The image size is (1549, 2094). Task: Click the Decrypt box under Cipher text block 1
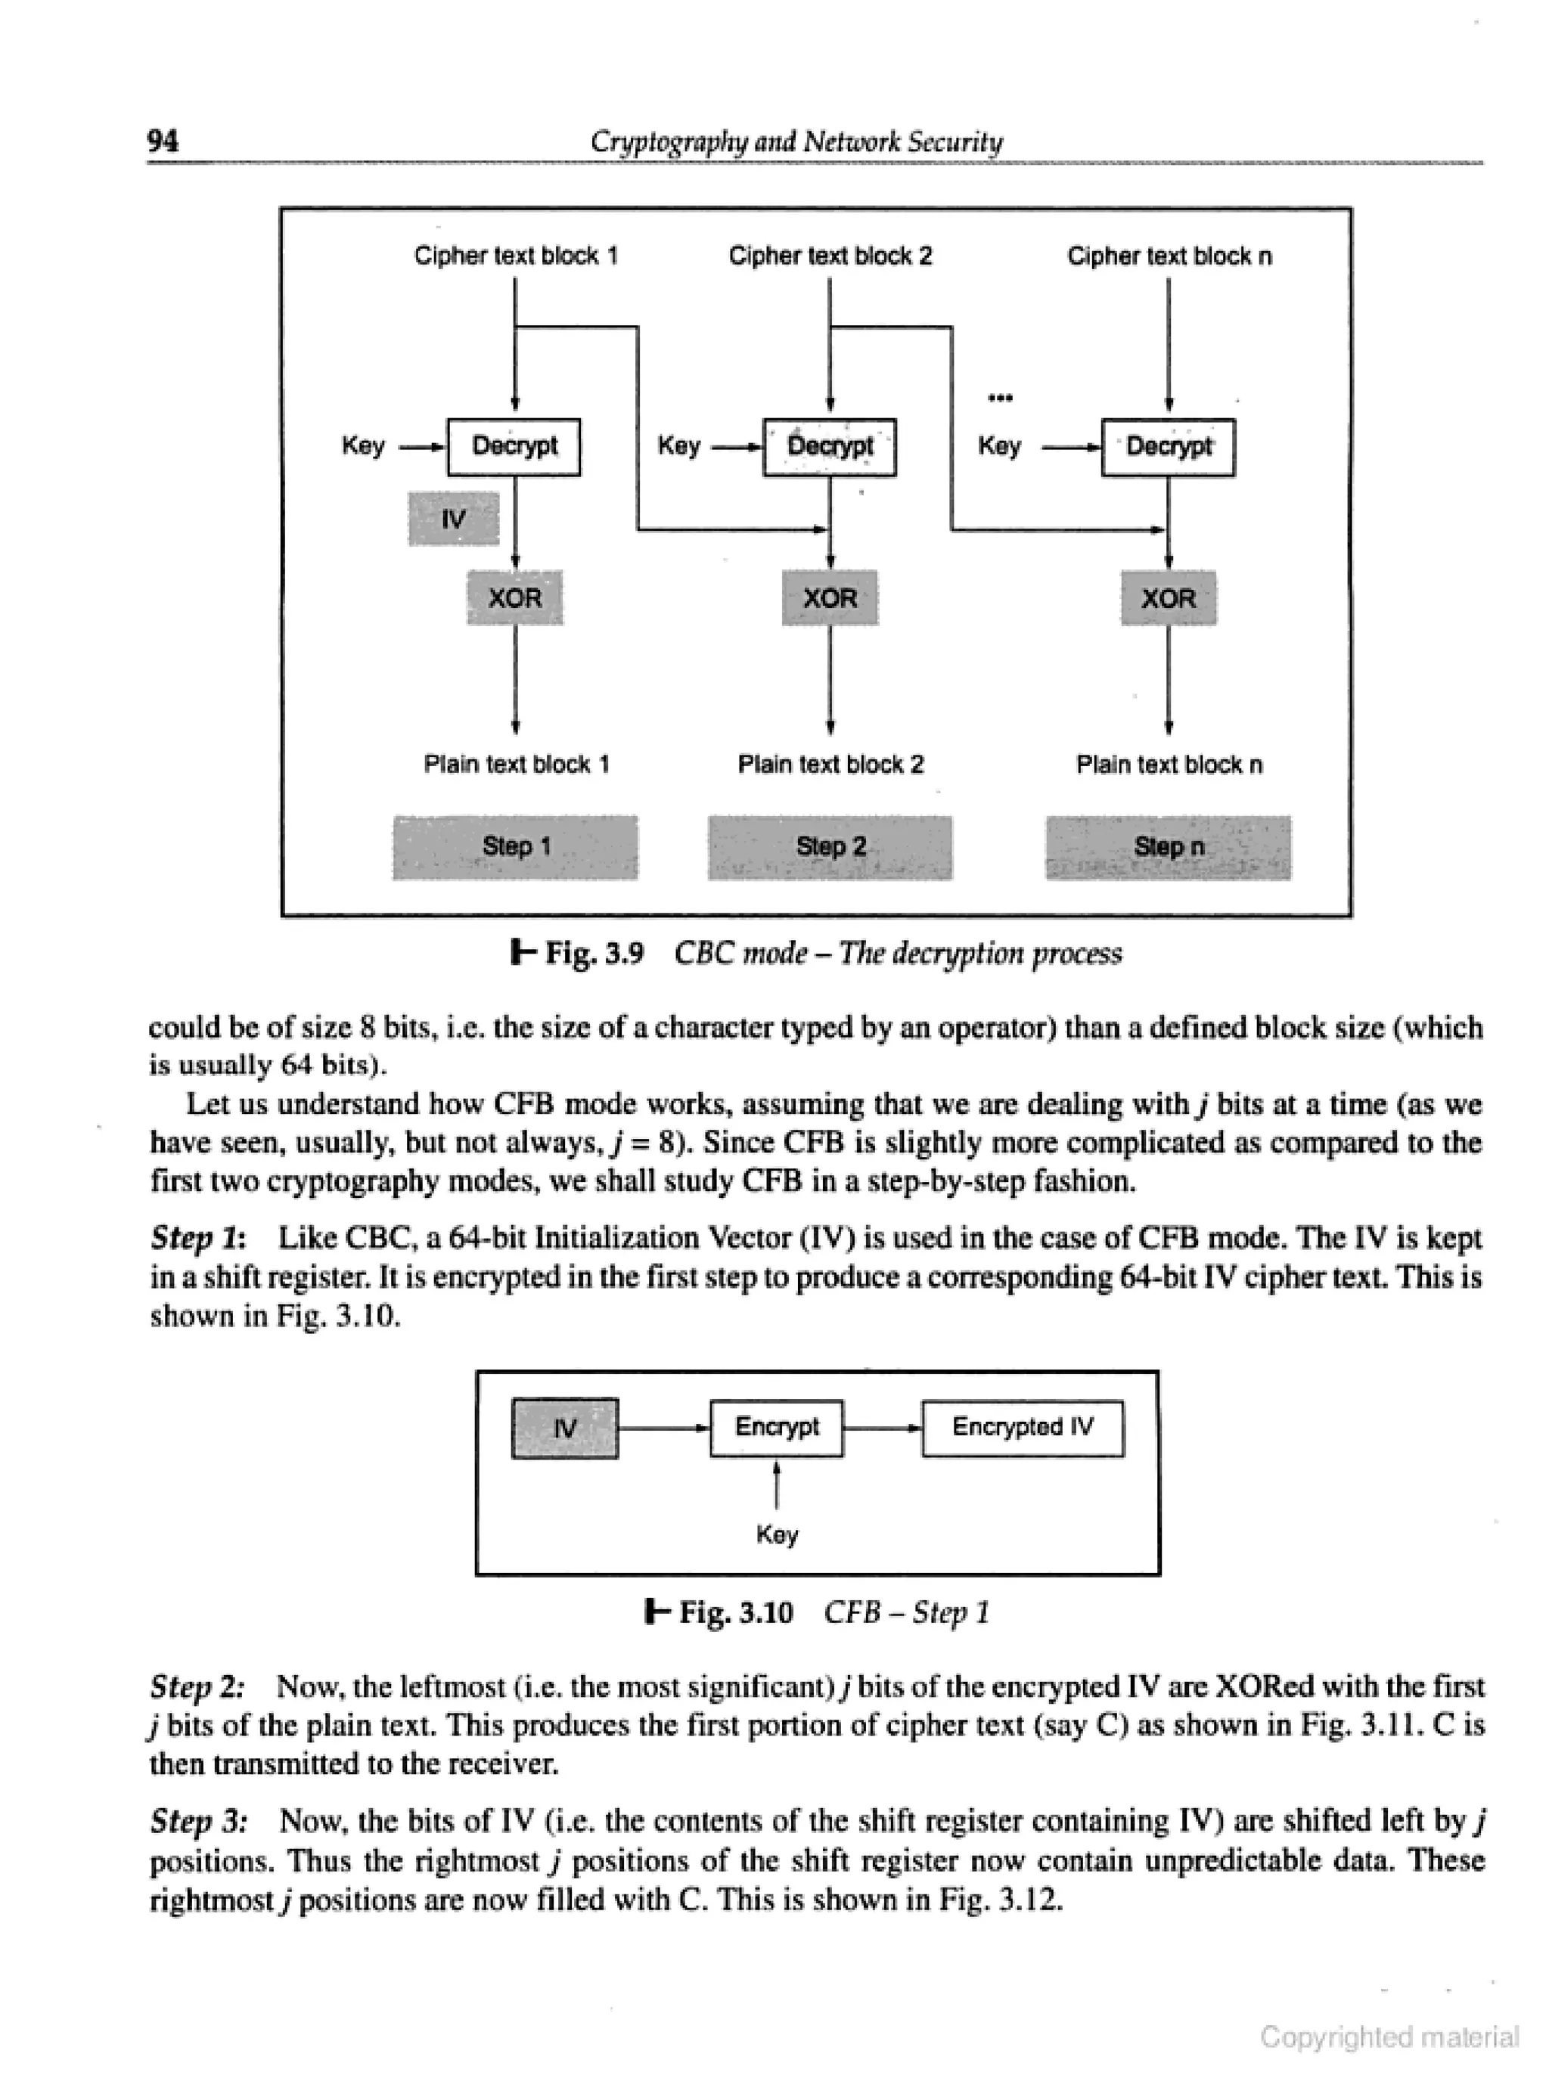pos(514,446)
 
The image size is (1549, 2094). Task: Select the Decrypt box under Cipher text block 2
pos(829,446)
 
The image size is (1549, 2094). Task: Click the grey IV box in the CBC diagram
pos(454,518)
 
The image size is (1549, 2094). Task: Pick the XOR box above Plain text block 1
pos(515,597)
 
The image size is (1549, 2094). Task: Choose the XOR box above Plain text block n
pos(1169,597)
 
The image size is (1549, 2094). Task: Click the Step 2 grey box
pos(830,846)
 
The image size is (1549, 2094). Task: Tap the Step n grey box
pos(1169,846)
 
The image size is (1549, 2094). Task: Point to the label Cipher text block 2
pos(830,256)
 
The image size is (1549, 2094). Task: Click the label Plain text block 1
pos(516,764)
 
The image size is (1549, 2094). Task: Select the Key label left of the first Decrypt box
pos(363,445)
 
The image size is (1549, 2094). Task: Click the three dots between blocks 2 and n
pos(1001,398)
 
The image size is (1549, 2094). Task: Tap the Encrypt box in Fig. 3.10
pos(776,1428)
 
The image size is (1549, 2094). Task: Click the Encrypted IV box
pos(1022,1428)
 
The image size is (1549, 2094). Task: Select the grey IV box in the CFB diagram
pos(564,1429)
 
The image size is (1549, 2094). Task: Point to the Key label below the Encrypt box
pos(776,1534)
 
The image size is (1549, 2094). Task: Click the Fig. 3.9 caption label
pos(594,954)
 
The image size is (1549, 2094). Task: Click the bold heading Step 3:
pos(199,1821)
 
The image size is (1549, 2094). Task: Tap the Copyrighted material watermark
pos(1389,2036)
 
